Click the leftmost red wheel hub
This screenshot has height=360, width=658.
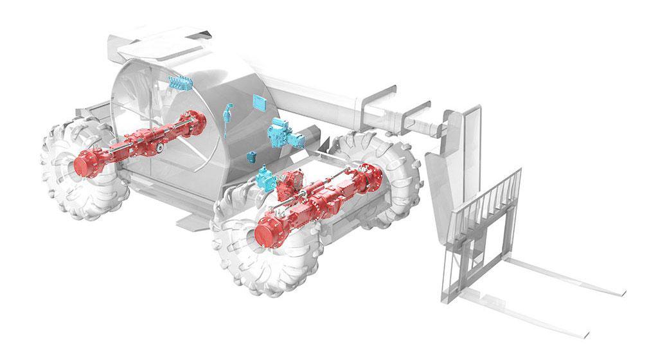(x=85, y=163)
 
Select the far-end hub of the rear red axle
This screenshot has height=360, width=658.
(x=197, y=120)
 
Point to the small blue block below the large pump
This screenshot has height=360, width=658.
(x=253, y=156)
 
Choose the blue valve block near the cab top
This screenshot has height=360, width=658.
(x=179, y=82)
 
